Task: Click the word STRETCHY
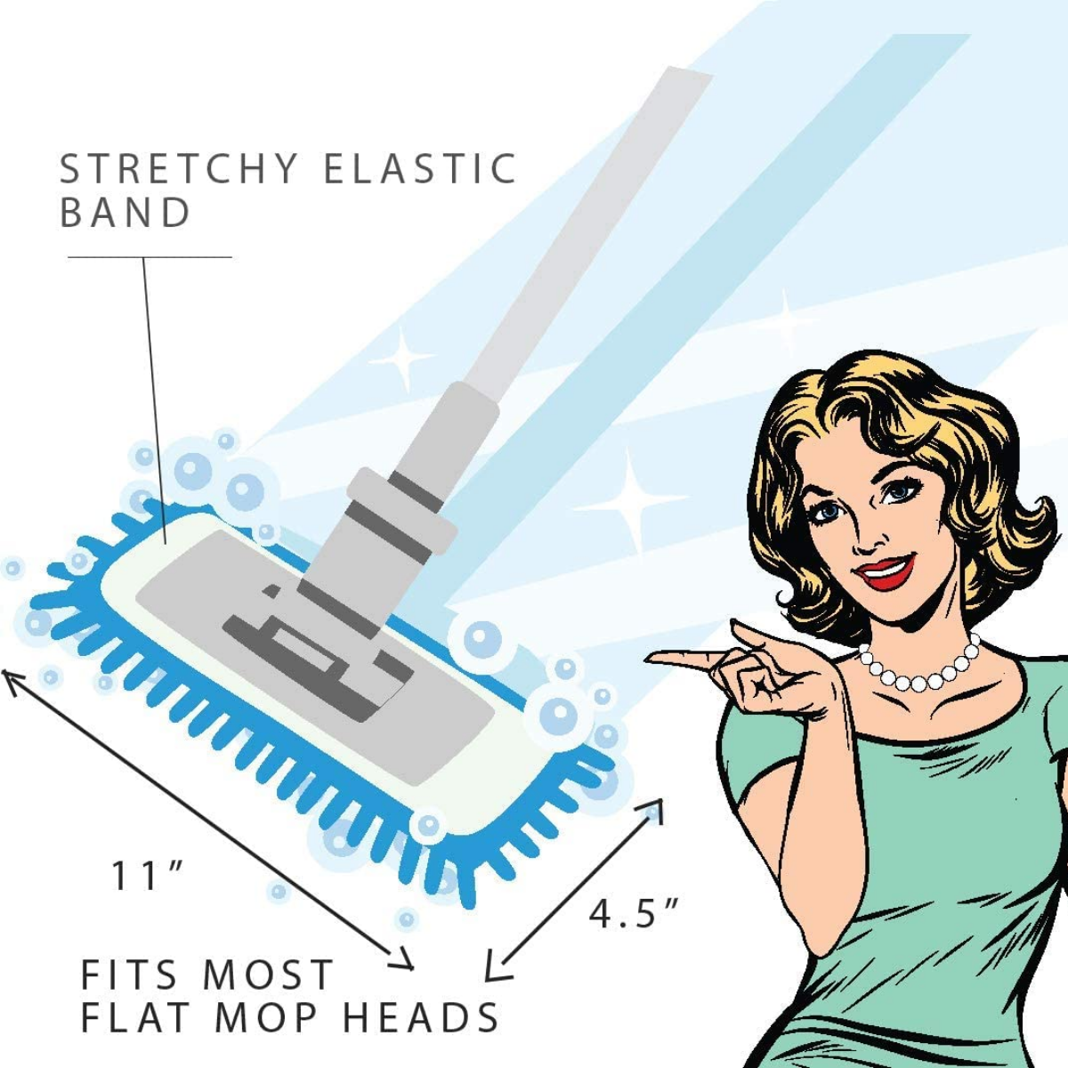coord(179,168)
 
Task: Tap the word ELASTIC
coord(420,168)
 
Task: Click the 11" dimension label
coord(146,876)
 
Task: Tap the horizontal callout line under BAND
coord(150,257)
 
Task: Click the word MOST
coord(268,975)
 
